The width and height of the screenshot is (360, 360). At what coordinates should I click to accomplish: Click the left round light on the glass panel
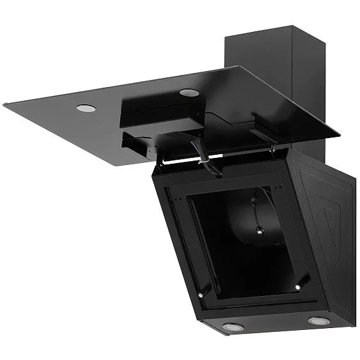[x=86, y=108]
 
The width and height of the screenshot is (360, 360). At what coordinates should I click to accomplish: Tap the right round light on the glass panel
[x=188, y=93]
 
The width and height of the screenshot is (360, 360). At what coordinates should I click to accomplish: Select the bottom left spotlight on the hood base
[x=234, y=327]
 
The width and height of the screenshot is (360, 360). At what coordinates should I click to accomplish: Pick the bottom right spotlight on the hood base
[x=318, y=320]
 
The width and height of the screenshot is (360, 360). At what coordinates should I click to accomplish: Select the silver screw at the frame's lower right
[x=297, y=288]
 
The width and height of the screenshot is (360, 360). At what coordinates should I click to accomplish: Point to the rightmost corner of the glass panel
[x=340, y=136]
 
